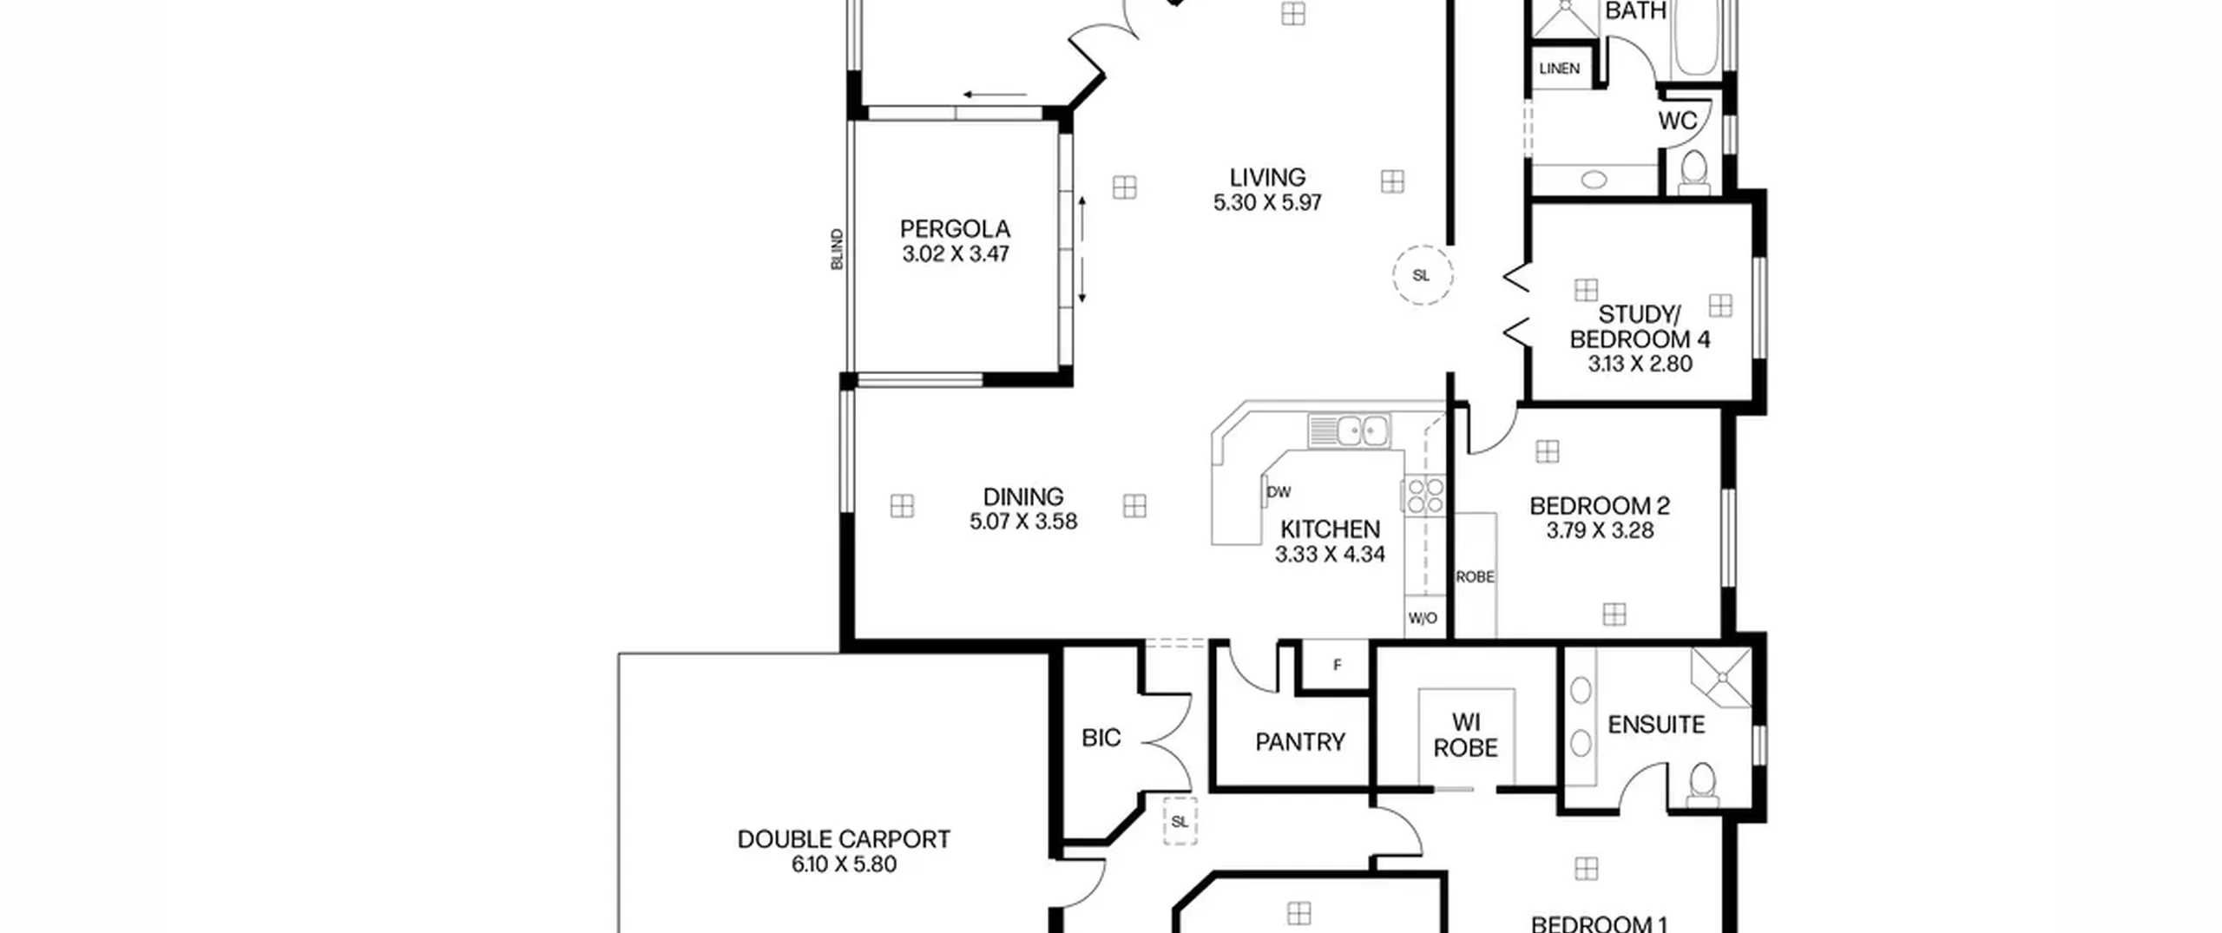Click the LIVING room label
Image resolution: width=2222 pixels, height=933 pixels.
click(x=1267, y=177)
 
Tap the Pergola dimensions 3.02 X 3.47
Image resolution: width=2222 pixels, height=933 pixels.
click(x=955, y=254)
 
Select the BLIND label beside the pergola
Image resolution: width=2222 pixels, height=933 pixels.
click(x=837, y=249)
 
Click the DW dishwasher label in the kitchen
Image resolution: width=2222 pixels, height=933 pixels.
click(x=1279, y=492)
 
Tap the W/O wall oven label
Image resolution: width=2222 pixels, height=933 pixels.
click(x=1423, y=619)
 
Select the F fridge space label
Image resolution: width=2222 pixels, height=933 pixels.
click(x=1338, y=665)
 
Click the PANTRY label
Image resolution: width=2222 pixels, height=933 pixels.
click(x=1299, y=742)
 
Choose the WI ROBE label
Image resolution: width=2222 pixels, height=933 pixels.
click(x=1466, y=735)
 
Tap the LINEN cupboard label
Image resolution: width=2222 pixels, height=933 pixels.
click(x=1559, y=69)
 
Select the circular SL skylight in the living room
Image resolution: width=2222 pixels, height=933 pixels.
click(x=1423, y=275)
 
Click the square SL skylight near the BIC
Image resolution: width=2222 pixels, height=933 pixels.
click(x=1180, y=821)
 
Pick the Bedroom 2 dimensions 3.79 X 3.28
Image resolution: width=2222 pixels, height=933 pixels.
click(x=1600, y=530)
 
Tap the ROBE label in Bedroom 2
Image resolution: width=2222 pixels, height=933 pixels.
click(x=1475, y=576)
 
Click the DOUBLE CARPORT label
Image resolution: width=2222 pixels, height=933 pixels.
click(x=844, y=839)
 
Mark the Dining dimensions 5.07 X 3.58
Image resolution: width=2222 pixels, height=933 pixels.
click(x=1023, y=522)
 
